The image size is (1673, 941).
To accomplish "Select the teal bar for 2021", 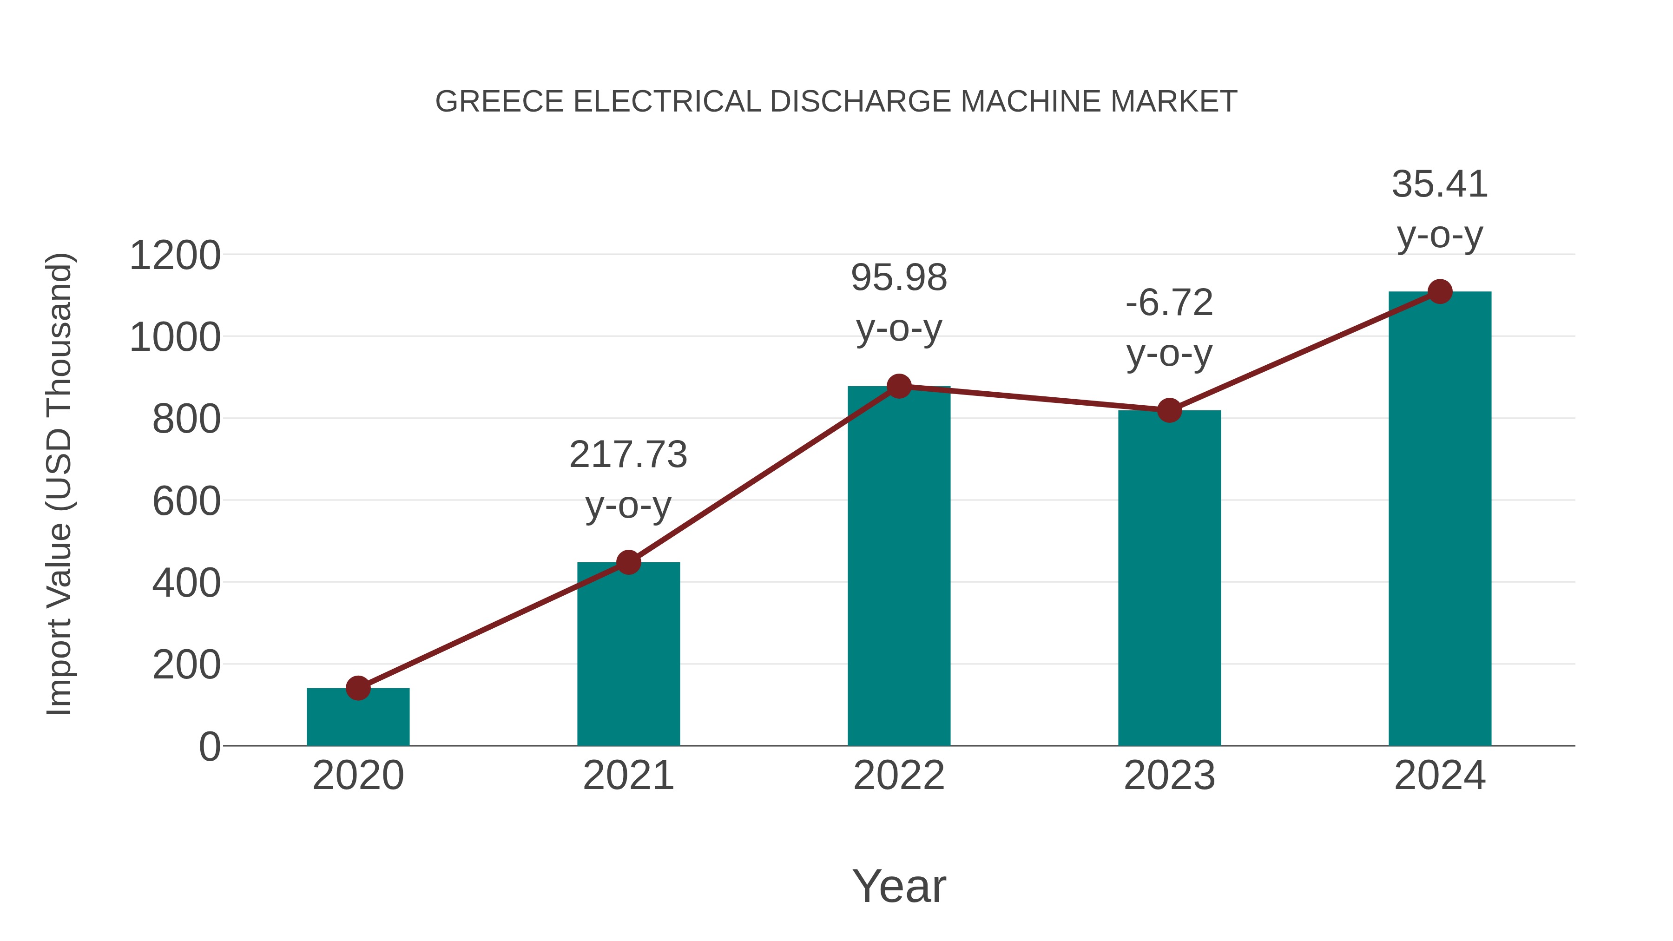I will [x=628, y=656].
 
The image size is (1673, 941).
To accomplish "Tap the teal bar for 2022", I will [x=899, y=568].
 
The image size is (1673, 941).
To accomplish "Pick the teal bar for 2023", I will [x=1169, y=580].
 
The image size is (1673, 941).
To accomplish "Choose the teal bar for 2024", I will [x=1440, y=520].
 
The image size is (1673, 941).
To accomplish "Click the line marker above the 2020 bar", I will [x=358, y=688].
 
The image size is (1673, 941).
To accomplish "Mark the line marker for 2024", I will [x=1440, y=291].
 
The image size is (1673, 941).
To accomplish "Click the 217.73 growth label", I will [x=628, y=454].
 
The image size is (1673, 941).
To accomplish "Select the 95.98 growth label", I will [x=899, y=277].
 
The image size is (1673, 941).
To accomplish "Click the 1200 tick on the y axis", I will [x=175, y=255].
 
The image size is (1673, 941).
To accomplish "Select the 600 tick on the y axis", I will [x=186, y=501].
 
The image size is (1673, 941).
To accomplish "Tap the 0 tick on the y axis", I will [x=210, y=747].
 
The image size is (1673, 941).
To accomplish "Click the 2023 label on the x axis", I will [x=1169, y=776].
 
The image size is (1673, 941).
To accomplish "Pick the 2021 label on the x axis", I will [x=628, y=776].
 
